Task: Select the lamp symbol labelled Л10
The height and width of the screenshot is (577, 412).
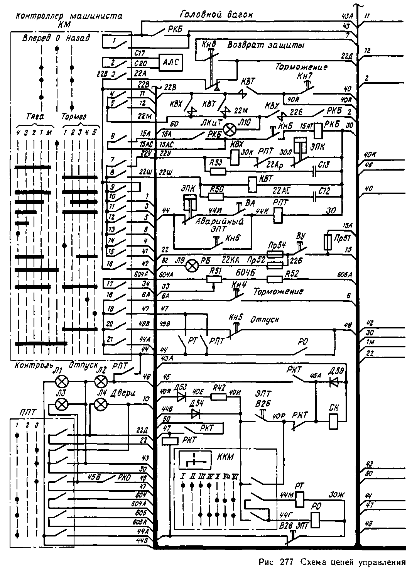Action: [x=230, y=130]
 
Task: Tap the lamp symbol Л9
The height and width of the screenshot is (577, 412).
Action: [x=192, y=265]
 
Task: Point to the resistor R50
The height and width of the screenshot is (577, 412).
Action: [x=216, y=196]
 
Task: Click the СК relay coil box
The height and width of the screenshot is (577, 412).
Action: [x=334, y=421]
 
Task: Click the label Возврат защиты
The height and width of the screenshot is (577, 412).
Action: [x=266, y=45]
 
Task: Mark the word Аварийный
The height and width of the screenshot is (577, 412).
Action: [x=220, y=222]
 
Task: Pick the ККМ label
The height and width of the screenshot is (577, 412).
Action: [x=226, y=458]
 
